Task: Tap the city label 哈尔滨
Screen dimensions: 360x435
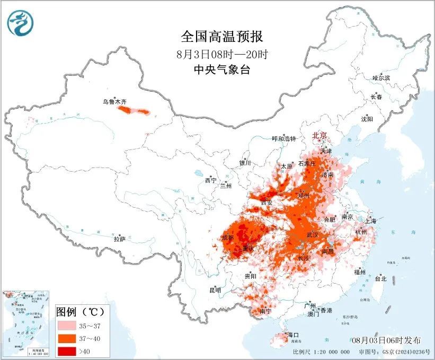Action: (380, 78)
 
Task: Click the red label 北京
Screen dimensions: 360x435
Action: (320, 136)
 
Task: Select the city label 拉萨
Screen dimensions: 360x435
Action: (120, 239)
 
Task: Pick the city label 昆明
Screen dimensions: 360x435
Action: (215, 290)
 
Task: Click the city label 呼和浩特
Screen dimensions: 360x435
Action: (284, 139)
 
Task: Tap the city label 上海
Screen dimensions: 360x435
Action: (371, 221)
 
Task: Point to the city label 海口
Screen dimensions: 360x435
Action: (294, 335)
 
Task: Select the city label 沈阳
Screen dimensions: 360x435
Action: (367, 119)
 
